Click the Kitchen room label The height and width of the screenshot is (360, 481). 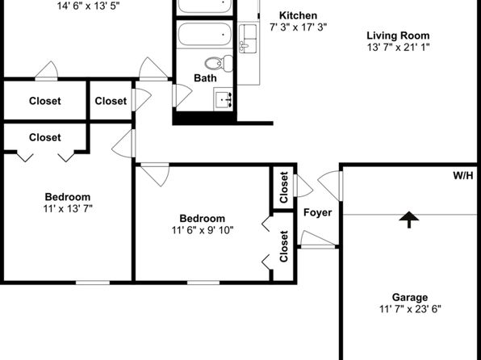(x=298, y=15)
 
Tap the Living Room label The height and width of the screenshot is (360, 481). (x=398, y=36)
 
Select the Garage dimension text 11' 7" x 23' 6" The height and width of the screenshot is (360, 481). (x=410, y=309)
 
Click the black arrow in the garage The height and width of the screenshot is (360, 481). (x=409, y=220)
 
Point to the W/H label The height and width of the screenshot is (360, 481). (x=463, y=176)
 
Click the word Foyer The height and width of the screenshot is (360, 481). (x=317, y=212)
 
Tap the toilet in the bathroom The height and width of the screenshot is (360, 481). (x=219, y=63)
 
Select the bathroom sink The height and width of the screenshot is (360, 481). (x=224, y=99)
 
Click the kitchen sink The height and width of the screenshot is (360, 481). (x=248, y=39)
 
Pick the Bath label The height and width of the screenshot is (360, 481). (x=205, y=78)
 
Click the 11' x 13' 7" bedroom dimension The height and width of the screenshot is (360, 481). (x=68, y=209)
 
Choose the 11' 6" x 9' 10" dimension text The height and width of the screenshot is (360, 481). (x=203, y=230)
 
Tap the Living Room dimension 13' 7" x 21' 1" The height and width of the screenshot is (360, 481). (x=398, y=48)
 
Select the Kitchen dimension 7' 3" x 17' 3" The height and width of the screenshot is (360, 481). (x=298, y=27)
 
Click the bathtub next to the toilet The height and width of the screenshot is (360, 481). (x=205, y=35)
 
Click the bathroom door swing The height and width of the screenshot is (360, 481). (x=182, y=96)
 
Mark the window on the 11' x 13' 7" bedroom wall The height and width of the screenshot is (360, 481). (x=93, y=283)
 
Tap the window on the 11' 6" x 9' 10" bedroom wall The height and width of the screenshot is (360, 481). (x=203, y=283)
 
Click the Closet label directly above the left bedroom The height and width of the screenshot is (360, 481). (x=44, y=137)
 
